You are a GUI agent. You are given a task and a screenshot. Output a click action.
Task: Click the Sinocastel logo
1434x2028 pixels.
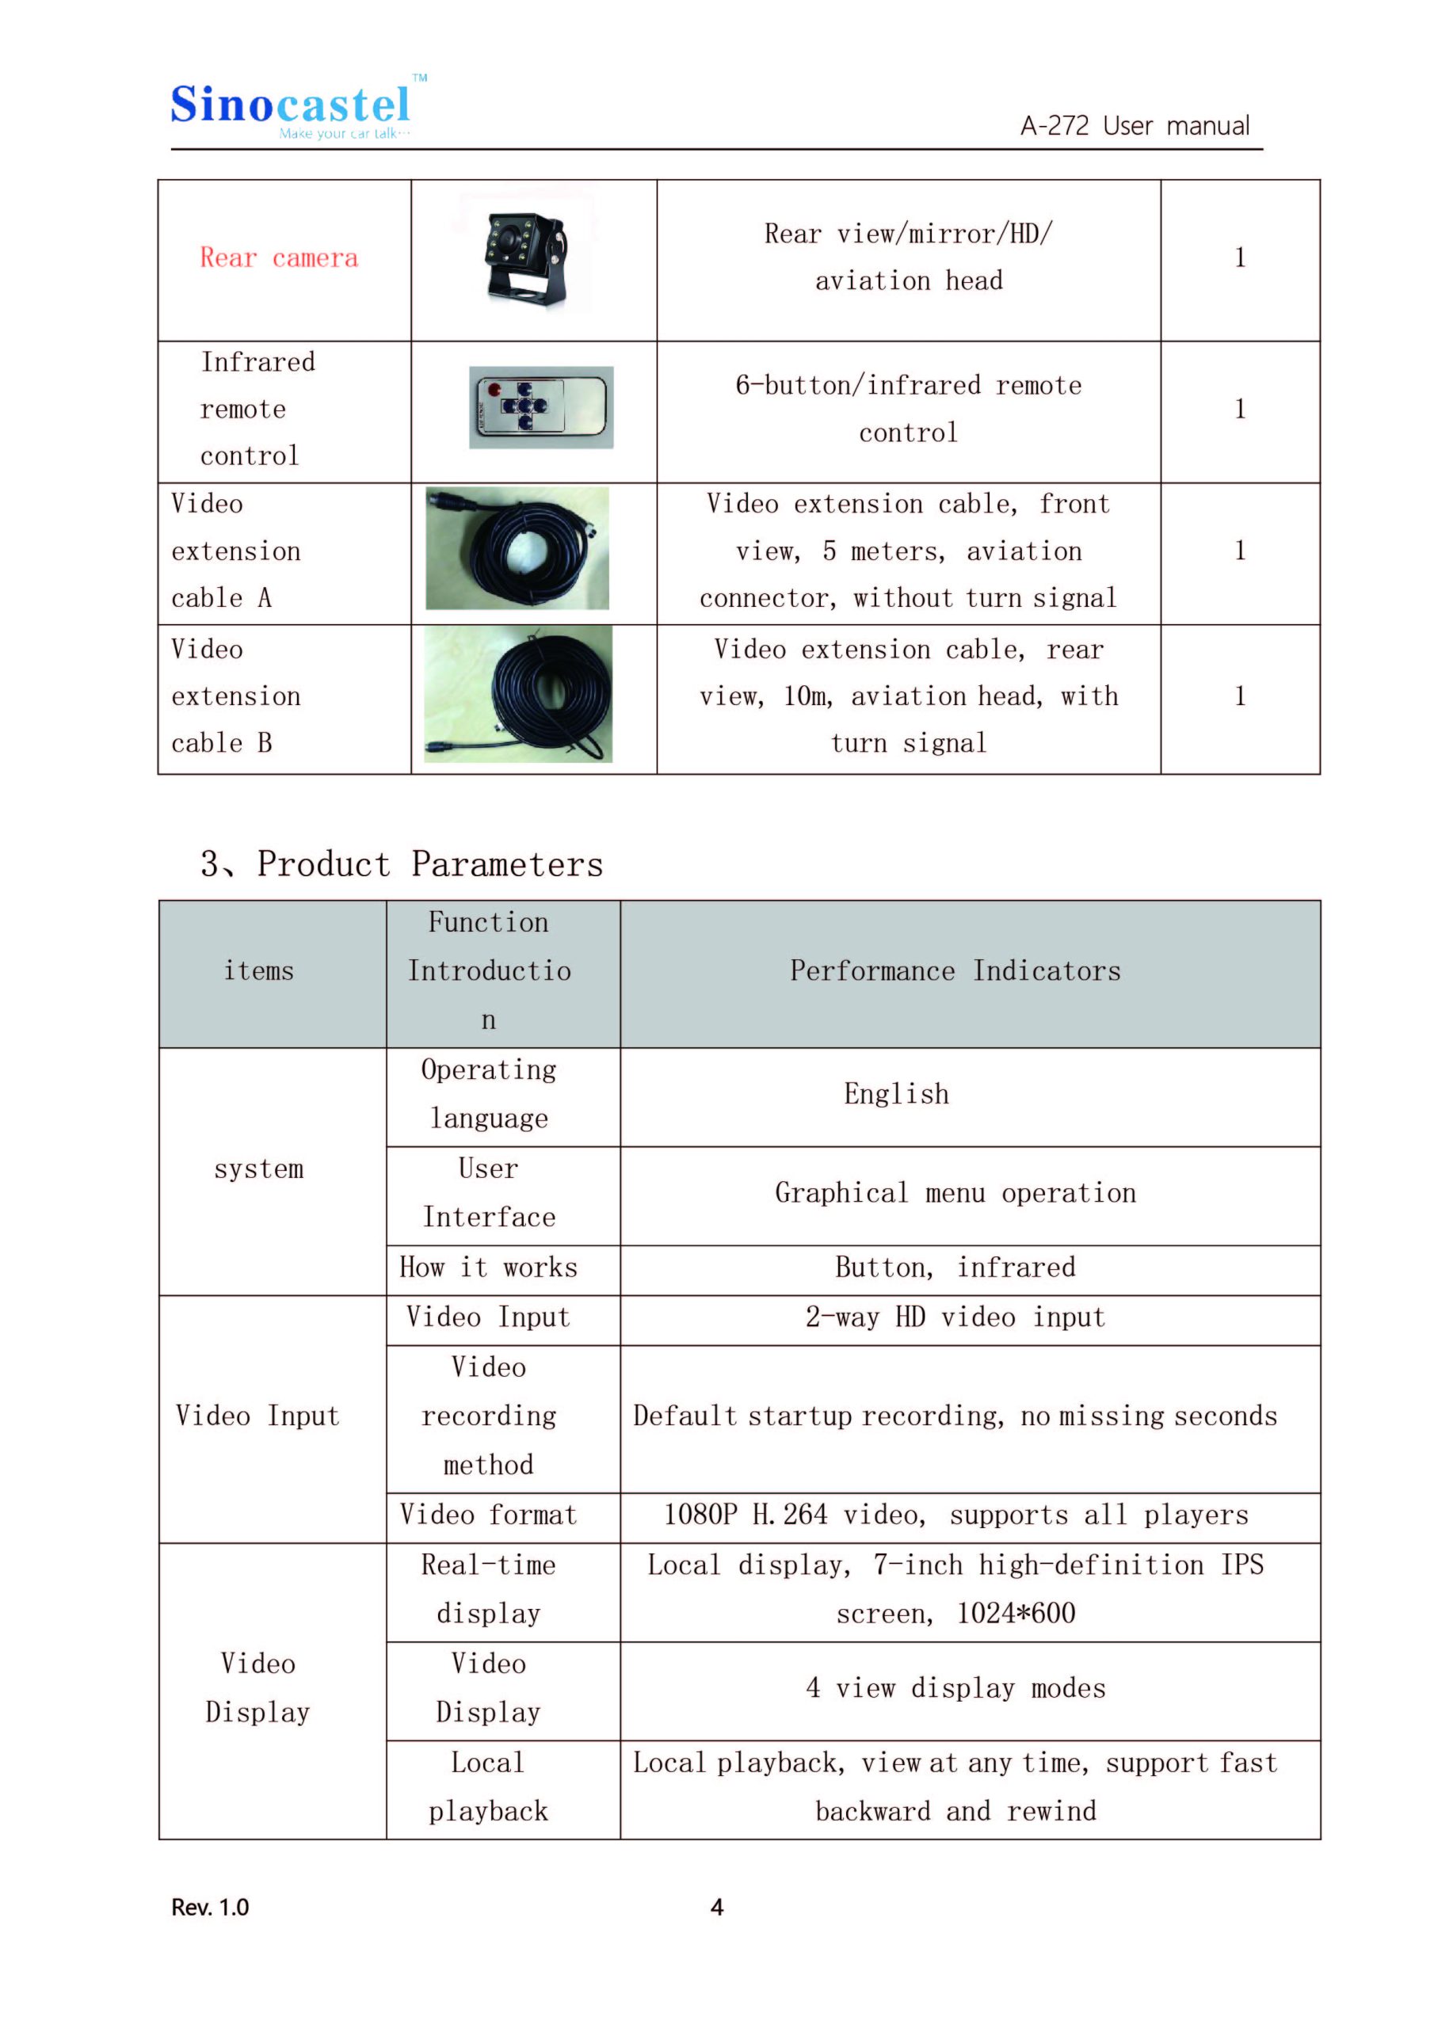tap(292, 108)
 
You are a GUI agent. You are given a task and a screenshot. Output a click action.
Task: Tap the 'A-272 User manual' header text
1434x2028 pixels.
tap(1135, 126)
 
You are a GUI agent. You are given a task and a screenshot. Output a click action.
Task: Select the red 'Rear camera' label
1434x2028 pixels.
tap(279, 258)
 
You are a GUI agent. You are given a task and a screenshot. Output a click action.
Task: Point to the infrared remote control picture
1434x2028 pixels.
tap(541, 407)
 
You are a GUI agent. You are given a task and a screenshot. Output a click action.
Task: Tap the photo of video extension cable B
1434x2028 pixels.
tap(519, 694)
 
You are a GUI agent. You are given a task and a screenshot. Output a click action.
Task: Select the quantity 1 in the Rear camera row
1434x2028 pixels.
tap(1240, 258)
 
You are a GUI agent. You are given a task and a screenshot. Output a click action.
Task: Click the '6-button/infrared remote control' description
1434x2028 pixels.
tap(908, 408)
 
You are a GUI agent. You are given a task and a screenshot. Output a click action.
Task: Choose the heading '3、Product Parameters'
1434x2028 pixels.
tap(402, 863)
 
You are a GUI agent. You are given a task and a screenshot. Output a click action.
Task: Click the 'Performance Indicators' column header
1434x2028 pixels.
tap(955, 970)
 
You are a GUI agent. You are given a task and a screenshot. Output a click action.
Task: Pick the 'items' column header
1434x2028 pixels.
tap(259, 970)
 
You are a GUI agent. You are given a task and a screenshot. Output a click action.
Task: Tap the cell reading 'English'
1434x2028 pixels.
tap(896, 1093)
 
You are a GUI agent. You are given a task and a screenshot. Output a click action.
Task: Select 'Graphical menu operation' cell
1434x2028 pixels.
tap(955, 1192)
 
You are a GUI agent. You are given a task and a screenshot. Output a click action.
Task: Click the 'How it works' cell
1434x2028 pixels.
tap(489, 1267)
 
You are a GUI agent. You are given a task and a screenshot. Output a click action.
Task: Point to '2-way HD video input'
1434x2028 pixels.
tap(955, 1317)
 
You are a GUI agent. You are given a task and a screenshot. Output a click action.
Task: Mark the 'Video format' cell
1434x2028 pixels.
tap(489, 1515)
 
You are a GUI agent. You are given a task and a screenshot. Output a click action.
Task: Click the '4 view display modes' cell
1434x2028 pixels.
tap(955, 1688)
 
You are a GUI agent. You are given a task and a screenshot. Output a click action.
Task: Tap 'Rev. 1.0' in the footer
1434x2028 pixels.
tap(210, 1907)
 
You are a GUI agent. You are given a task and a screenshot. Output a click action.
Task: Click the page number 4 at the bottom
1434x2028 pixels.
tap(716, 1907)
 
